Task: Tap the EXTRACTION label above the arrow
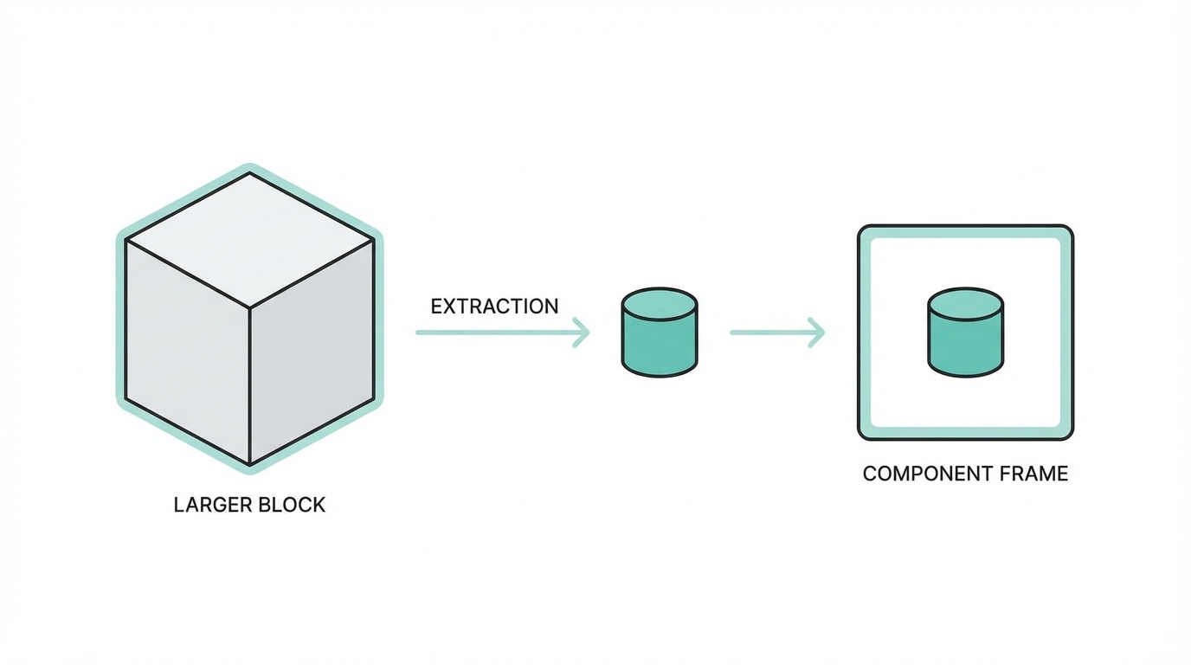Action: click(494, 307)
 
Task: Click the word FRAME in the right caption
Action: click(1033, 474)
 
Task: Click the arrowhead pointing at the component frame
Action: click(818, 332)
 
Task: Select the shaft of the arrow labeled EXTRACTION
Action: click(493, 332)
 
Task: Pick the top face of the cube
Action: click(250, 239)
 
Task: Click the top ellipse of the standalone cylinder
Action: click(660, 303)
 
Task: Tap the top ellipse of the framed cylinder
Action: click(965, 303)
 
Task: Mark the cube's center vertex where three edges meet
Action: click(250, 307)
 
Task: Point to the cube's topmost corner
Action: click(250, 174)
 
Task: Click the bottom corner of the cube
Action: click(250, 465)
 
